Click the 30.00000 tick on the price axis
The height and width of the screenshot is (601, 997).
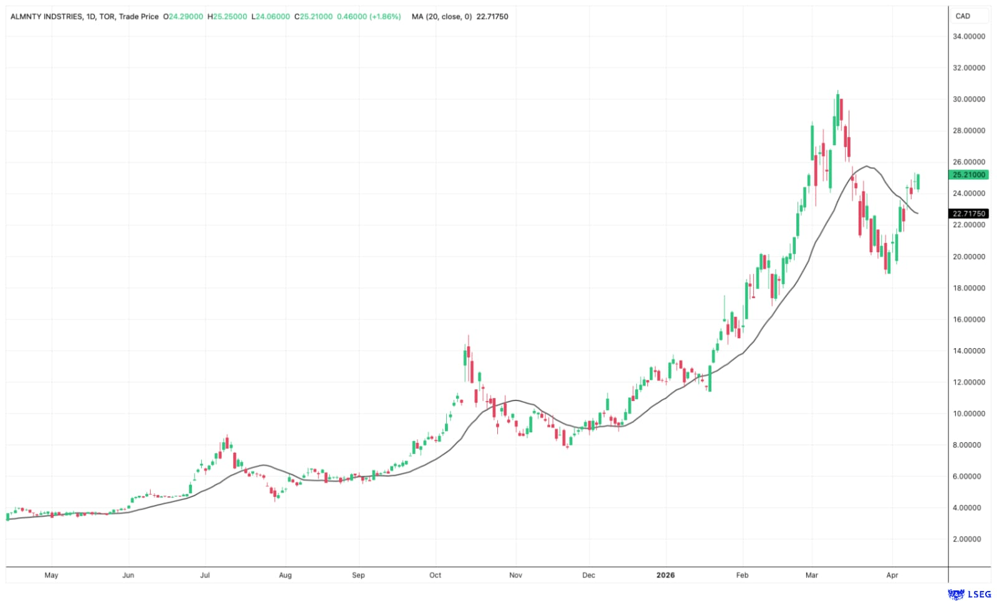pos(968,99)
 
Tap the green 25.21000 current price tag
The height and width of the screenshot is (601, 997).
pos(968,175)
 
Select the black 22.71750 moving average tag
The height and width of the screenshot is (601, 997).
pos(968,214)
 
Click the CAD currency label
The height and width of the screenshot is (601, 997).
pos(963,16)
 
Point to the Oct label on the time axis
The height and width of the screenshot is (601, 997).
pos(435,575)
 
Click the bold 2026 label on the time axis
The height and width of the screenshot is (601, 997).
pos(665,575)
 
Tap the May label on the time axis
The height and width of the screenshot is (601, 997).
pos(51,575)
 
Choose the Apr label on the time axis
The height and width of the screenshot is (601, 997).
pos(892,575)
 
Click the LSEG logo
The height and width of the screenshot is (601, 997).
pos(970,594)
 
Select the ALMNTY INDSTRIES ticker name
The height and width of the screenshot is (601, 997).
pos(46,17)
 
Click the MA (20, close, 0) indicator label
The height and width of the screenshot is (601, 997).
pos(441,17)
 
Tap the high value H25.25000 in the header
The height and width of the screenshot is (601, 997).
pos(230,17)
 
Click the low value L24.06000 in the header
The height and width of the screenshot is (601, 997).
pos(270,17)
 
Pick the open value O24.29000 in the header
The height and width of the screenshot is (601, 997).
pos(183,17)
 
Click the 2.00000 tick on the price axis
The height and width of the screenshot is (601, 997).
pos(968,539)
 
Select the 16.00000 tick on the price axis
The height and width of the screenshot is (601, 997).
pos(968,319)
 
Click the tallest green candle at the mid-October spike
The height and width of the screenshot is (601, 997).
pos(465,357)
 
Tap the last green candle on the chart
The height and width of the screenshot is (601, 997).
pos(918,182)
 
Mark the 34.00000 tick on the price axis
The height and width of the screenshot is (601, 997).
pos(968,37)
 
